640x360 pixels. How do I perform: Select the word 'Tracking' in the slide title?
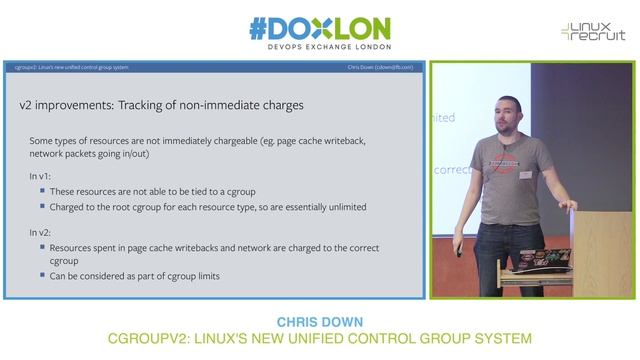[x=162, y=104]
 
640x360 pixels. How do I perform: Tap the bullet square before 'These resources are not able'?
[x=43, y=191]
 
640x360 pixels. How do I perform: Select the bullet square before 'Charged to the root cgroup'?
[x=43, y=207]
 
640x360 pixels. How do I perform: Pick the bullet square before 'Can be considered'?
[x=43, y=276]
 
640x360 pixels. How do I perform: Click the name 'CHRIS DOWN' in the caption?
[x=319, y=323]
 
